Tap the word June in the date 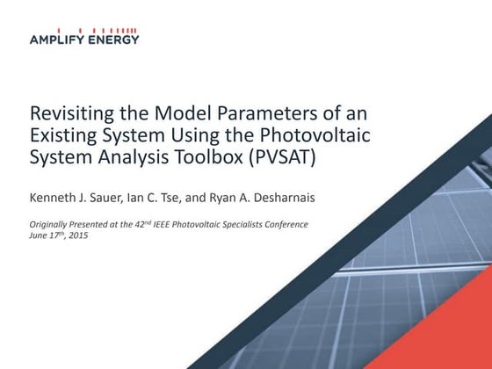pos(39,236)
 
